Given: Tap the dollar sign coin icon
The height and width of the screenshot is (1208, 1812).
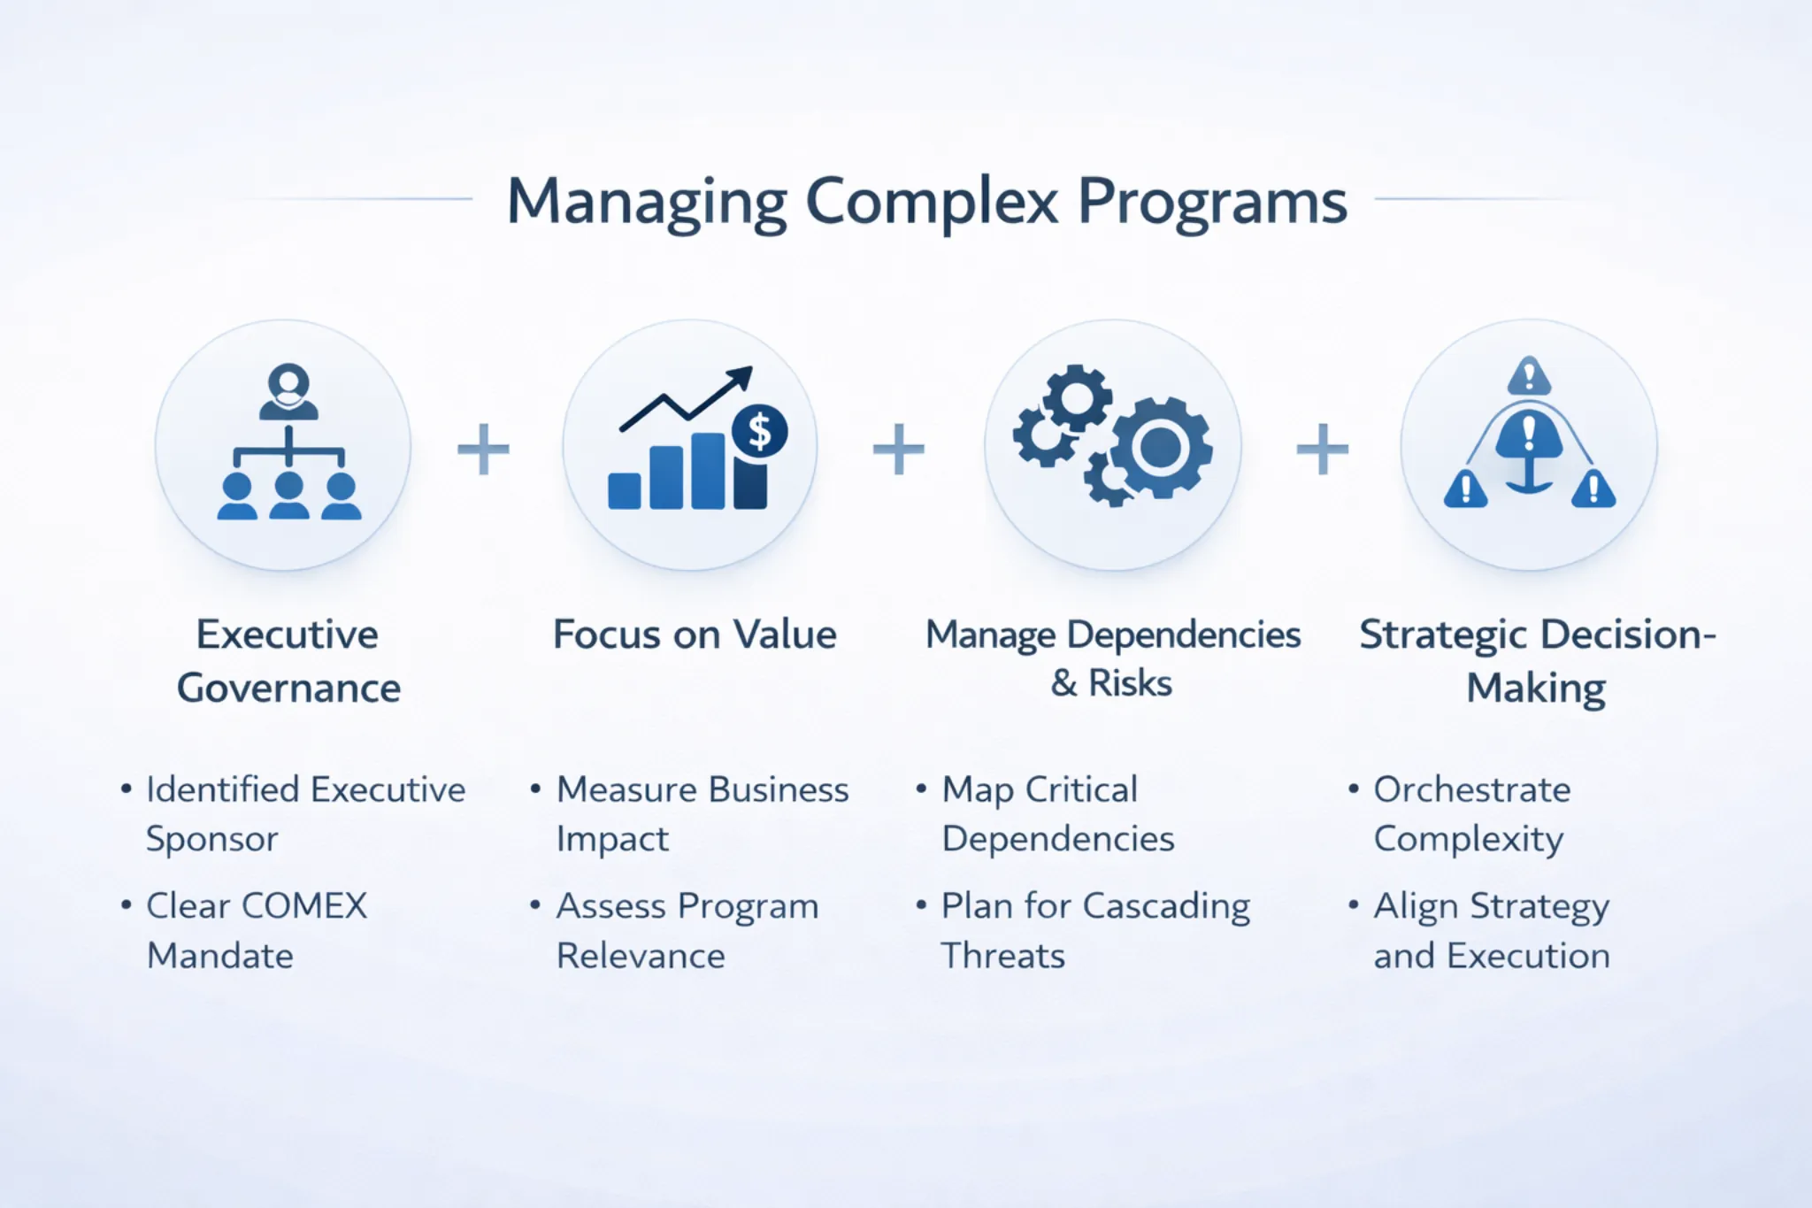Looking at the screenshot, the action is click(759, 431).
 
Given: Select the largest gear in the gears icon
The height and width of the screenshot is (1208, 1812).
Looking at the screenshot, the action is click(1161, 448).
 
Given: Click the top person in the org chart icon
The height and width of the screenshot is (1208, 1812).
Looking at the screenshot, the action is click(288, 391).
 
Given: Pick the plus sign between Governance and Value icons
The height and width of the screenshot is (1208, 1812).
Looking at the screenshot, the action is click(483, 449).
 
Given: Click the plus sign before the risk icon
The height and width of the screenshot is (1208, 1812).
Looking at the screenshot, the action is click(1323, 449).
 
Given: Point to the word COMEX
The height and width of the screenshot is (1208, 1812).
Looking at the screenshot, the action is click(304, 905).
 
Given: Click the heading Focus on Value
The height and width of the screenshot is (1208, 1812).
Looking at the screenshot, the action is click(695, 635).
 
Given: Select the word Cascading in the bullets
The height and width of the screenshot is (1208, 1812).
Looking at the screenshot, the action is click(1166, 907).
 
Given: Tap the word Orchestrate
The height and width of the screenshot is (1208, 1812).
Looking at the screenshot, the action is click(1472, 789).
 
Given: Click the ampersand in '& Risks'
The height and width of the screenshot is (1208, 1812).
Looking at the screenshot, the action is click(1064, 683).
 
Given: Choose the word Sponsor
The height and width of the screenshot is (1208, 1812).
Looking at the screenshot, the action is click(212, 840).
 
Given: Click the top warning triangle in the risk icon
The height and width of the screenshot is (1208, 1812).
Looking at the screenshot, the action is click(1529, 375).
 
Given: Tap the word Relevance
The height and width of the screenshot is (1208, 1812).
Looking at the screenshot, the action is click(641, 956).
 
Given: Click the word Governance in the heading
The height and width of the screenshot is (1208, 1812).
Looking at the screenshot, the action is click(288, 689).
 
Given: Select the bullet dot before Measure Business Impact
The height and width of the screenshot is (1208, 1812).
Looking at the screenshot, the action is click(535, 788).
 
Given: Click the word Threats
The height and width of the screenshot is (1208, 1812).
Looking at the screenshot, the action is click(1003, 956).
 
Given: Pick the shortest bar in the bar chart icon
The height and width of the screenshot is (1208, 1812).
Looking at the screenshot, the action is click(625, 491).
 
